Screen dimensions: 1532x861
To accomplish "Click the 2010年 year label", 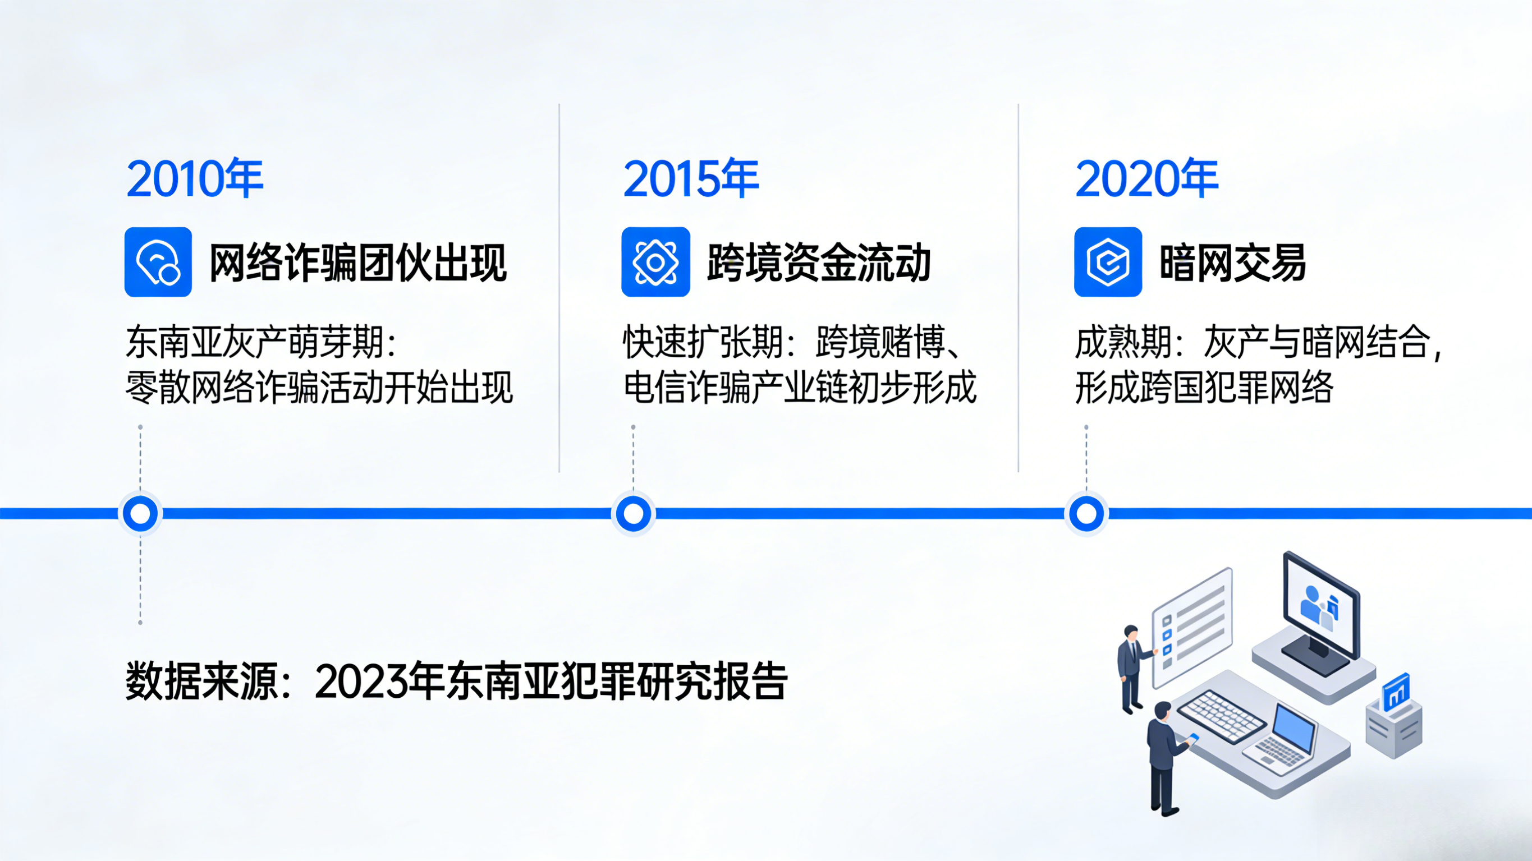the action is point(195,179).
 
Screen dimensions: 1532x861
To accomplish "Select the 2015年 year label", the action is point(691,179).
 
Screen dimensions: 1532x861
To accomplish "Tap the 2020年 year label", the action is point(1146,179).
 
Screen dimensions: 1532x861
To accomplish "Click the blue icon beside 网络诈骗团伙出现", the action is point(158,261).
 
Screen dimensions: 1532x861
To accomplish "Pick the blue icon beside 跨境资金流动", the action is point(655,261).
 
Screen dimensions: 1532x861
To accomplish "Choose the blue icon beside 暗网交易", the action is point(1108,261).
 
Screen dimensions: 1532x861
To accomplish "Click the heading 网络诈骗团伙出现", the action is point(358,263).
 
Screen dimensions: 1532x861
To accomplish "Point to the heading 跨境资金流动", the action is point(819,263).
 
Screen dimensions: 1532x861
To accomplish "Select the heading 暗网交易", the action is point(1232,263).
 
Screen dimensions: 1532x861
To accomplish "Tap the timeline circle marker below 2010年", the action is point(140,513).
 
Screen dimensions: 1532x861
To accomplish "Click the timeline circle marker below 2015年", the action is point(634,513).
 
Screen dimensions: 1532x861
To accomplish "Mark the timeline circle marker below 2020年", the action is point(1086,513).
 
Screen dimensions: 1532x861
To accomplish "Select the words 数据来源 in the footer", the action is point(201,682).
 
